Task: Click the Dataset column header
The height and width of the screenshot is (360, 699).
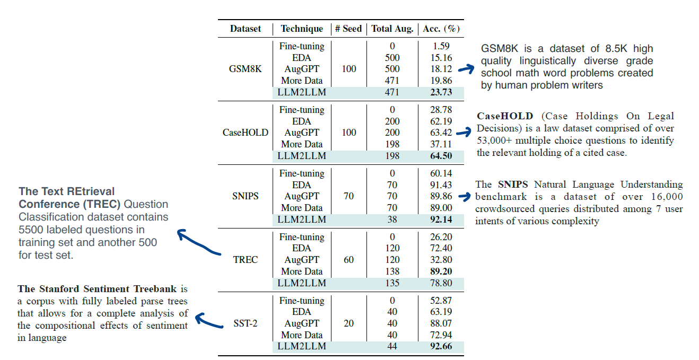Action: tap(246, 29)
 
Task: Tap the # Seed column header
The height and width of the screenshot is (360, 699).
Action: tap(348, 29)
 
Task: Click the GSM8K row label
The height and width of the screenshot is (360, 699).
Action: tap(246, 69)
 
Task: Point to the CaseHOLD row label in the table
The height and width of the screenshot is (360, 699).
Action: tap(246, 133)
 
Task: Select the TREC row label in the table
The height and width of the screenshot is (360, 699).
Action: tap(246, 260)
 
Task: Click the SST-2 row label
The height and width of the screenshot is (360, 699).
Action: tap(246, 323)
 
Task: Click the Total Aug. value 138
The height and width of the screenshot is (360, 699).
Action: tap(392, 271)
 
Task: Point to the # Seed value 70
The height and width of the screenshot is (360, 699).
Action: tap(348, 196)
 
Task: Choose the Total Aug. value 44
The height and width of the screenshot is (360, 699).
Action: tap(392, 347)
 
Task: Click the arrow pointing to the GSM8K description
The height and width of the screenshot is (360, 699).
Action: tap(467, 68)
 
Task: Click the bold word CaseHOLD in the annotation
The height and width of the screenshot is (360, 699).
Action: tap(503, 116)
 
